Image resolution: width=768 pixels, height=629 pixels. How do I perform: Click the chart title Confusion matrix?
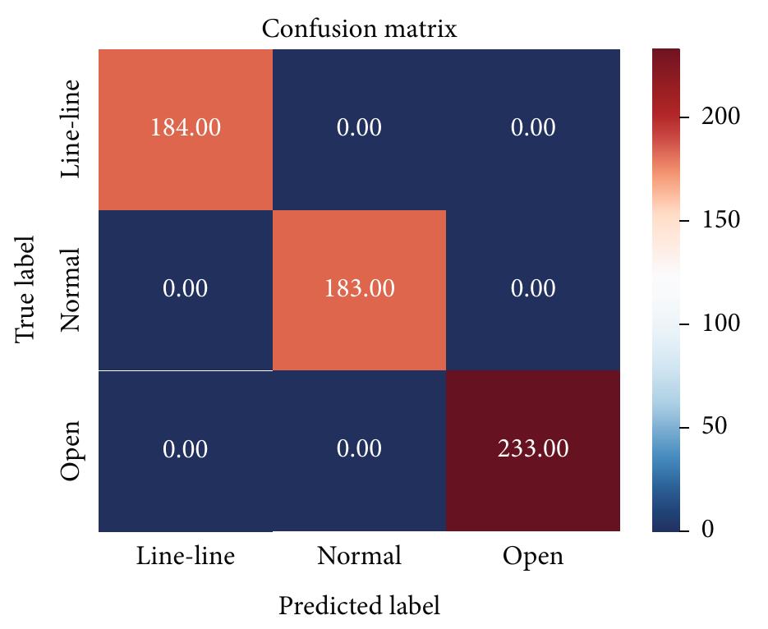tap(359, 30)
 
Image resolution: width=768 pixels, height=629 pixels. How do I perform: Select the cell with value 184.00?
tap(186, 129)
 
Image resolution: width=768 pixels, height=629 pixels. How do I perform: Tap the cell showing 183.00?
tap(359, 290)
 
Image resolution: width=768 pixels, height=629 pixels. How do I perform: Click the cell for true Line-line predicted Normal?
tap(359, 129)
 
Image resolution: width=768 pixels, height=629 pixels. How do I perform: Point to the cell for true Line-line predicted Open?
tap(533, 129)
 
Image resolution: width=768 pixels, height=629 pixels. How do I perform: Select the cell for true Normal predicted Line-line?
tap(186, 290)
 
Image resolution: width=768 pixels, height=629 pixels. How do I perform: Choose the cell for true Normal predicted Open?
tap(533, 290)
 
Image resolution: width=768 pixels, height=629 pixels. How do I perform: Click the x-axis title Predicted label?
tap(359, 606)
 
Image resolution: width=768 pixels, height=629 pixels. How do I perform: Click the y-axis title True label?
tap(26, 289)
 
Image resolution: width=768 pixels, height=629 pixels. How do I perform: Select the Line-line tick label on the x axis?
tap(186, 557)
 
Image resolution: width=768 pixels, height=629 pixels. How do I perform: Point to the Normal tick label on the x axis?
tap(359, 557)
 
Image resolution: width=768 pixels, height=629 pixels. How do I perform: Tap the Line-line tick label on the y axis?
tap(72, 129)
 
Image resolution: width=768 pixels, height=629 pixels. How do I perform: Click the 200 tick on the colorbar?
tap(720, 117)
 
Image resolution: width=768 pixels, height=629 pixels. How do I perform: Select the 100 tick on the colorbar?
tap(720, 324)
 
